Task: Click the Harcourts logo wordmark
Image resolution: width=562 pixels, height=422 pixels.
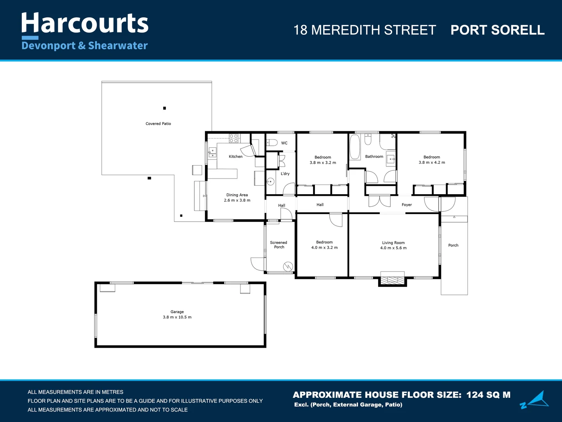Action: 85,23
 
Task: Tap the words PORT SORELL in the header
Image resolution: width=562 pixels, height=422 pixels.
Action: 497,30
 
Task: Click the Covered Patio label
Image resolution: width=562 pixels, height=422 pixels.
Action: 158,124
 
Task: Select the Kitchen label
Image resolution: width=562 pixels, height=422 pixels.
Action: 235,157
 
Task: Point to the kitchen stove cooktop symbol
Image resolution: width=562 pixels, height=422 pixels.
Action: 234,138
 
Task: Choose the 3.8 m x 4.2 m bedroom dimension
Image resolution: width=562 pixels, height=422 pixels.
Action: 432,163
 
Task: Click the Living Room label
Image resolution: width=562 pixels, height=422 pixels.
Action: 393,243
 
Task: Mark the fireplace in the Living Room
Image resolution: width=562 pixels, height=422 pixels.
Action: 392,280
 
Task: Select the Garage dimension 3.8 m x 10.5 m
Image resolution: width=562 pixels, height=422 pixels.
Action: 177,317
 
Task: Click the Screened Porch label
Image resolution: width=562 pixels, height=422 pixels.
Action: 279,245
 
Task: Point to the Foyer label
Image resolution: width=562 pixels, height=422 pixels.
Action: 407,205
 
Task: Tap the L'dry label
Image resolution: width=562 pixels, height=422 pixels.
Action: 285,174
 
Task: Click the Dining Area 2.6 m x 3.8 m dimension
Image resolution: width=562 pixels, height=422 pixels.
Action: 237,200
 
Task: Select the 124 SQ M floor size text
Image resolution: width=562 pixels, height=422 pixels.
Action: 488,395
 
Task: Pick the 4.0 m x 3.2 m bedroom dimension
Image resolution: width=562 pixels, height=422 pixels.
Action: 324,248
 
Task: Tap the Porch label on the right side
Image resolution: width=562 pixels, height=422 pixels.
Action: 453,245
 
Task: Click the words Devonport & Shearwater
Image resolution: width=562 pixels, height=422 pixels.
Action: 85,46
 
